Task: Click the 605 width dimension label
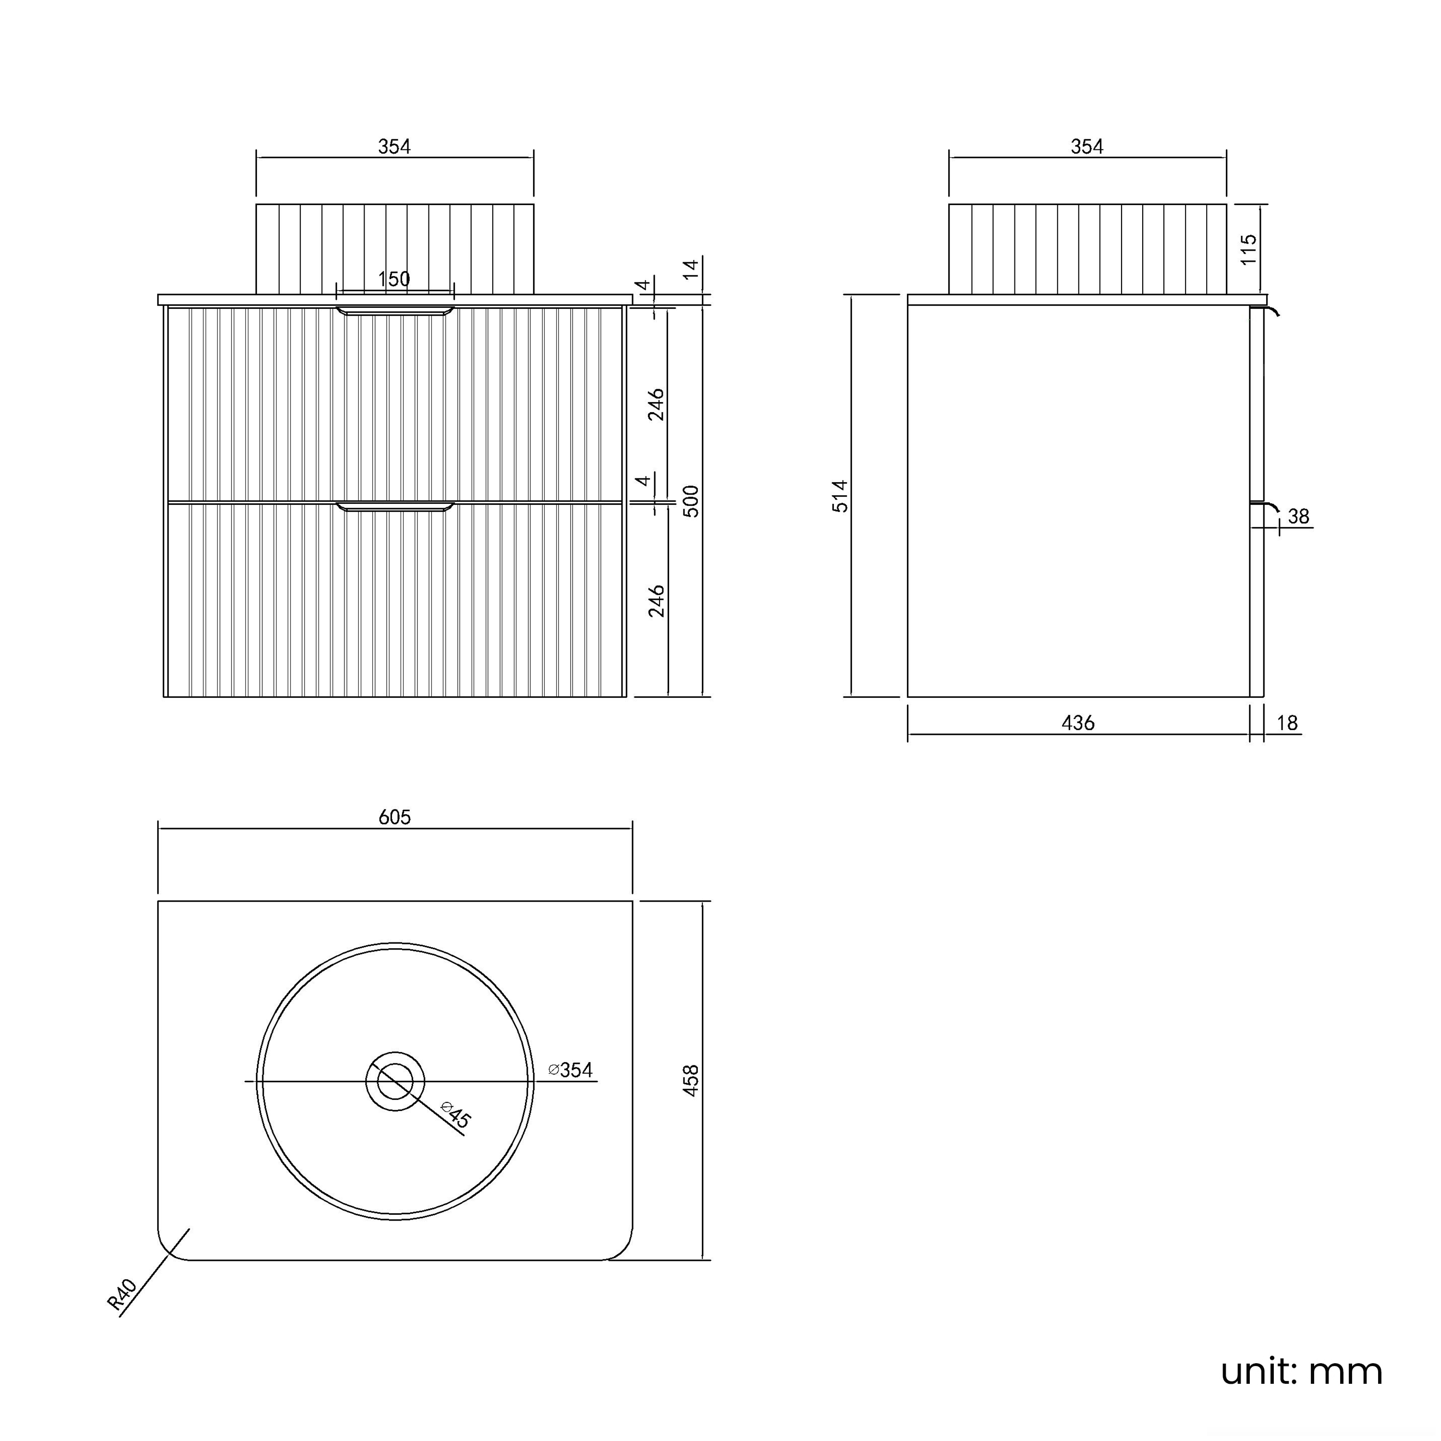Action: [x=394, y=818]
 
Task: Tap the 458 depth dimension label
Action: [x=691, y=1081]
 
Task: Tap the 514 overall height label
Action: [x=841, y=496]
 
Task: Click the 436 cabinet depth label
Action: [x=1078, y=723]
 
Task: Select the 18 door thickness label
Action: [x=1287, y=723]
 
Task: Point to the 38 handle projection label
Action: [x=1298, y=516]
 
